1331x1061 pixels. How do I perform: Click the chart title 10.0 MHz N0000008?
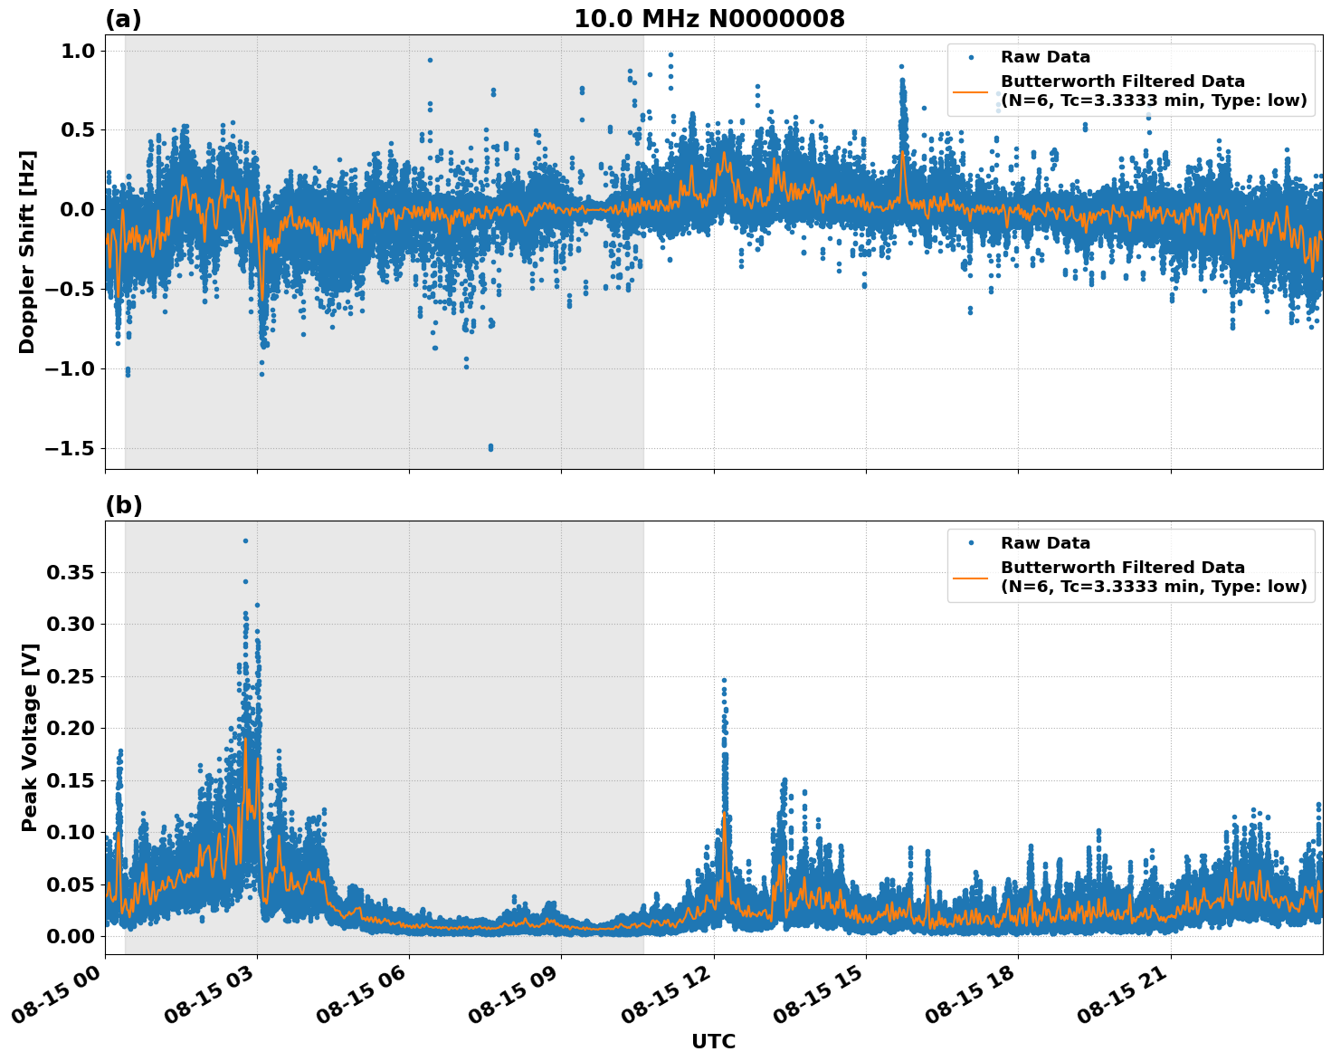pyautogui.click(x=708, y=19)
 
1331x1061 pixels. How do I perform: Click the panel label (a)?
pyautogui.click(x=123, y=19)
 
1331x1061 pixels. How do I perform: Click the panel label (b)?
pyautogui.click(x=123, y=505)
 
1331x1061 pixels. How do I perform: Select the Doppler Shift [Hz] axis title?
pyautogui.click(x=27, y=252)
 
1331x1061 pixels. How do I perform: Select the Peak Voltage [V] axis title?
pyautogui.click(x=30, y=737)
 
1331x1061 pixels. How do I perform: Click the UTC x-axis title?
pyautogui.click(x=713, y=1041)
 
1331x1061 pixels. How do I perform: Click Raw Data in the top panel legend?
pyautogui.click(x=1045, y=57)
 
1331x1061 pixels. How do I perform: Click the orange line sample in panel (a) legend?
pyautogui.click(x=970, y=91)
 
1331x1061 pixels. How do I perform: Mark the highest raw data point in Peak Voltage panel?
pyautogui.click(x=245, y=540)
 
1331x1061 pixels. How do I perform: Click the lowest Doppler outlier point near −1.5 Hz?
pyautogui.click(x=490, y=447)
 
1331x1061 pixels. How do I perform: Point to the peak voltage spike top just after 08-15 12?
pyautogui.click(x=723, y=680)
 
